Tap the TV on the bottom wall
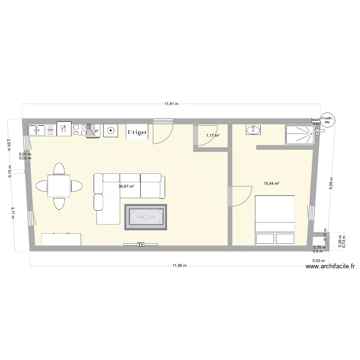coord(141,245)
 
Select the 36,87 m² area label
coord(126,187)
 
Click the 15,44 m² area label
coord(272,183)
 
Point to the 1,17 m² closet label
coord(213,136)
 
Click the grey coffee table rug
coord(145,217)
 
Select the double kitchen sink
coord(37,130)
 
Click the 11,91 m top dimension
coord(171,103)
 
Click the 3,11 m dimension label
coord(12,212)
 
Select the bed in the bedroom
coord(274,220)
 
